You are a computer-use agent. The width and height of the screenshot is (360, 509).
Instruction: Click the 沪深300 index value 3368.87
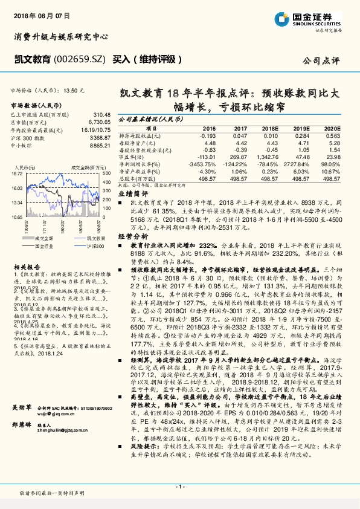(100, 137)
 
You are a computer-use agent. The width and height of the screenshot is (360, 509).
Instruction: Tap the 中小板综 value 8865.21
(100, 145)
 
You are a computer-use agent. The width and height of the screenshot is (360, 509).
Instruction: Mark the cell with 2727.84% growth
(301, 164)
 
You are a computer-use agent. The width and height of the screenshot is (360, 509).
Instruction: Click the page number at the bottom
(180, 486)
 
